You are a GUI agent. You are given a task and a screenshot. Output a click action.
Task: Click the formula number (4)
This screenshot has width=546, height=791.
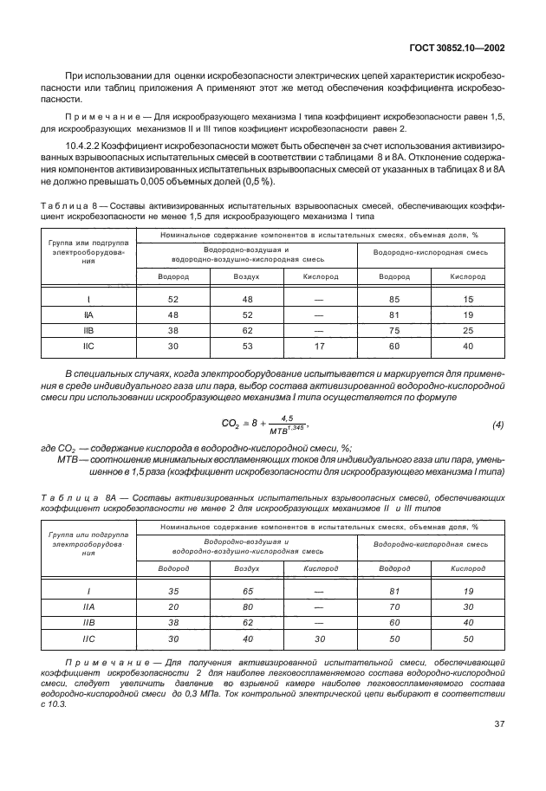click(497, 425)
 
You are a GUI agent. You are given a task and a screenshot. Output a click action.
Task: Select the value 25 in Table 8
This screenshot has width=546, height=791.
click(468, 332)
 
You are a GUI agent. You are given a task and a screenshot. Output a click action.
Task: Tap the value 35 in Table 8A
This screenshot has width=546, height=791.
click(173, 592)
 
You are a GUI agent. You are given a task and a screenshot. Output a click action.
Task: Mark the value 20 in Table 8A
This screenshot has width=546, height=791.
click(173, 607)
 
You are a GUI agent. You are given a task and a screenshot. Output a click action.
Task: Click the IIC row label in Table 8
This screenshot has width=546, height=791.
click(88, 347)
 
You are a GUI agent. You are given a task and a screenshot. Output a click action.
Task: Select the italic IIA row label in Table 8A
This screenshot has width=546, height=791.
click(88, 607)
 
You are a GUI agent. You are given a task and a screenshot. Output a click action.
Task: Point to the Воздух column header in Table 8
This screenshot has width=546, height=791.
click(246, 276)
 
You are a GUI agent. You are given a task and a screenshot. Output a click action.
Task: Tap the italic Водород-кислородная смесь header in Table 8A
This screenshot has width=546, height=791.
click(432, 543)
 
